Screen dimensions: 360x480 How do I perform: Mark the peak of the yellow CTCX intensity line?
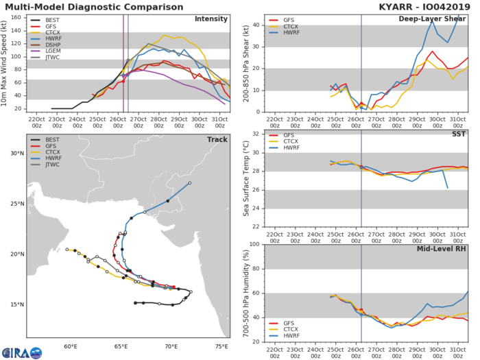(165, 36)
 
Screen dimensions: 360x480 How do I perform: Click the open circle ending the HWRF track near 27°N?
(190, 183)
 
